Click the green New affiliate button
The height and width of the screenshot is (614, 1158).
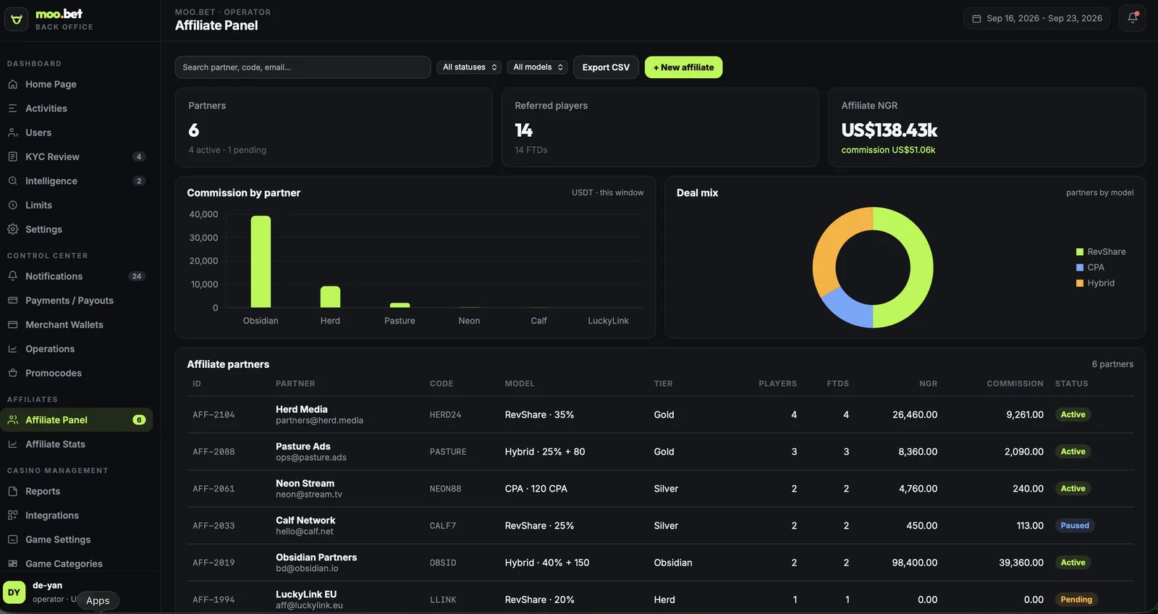click(683, 67)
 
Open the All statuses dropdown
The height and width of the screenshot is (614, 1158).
click(469, 67)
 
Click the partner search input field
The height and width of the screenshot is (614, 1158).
click(303, 67)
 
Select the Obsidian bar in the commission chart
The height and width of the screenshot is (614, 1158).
click(261, 261)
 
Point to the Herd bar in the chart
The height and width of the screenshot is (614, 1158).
click(330, 297)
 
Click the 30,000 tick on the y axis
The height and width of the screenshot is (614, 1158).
click(203, 238)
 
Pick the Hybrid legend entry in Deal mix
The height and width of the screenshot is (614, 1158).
click(1095, 283)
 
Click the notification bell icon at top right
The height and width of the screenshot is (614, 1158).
click(1132, 18)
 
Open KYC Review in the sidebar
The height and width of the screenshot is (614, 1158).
click(52, 156)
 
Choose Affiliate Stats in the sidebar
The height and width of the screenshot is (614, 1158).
click(55, 445)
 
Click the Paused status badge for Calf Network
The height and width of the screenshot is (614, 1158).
click(1074, 526)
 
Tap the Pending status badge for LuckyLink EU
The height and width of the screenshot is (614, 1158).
click(1075, 600)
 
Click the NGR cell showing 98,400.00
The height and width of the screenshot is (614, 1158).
click(914, 563)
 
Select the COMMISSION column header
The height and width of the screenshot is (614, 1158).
click(1014, 384)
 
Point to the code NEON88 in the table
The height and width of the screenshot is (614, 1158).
click(445, 489)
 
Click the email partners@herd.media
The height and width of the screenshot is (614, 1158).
click(319, 421)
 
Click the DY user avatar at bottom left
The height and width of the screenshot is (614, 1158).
click(14, 592)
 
